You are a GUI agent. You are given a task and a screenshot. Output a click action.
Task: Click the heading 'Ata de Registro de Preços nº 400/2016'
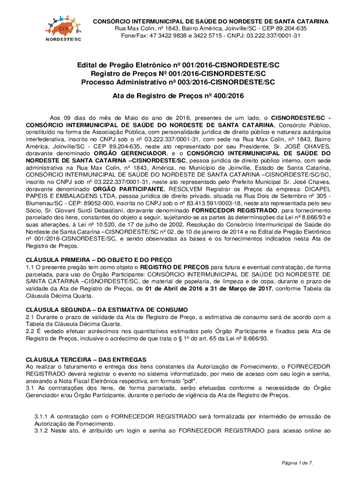pos(178,96)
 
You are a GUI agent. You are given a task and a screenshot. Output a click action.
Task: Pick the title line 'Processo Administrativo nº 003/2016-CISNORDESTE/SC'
pos(178,82)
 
